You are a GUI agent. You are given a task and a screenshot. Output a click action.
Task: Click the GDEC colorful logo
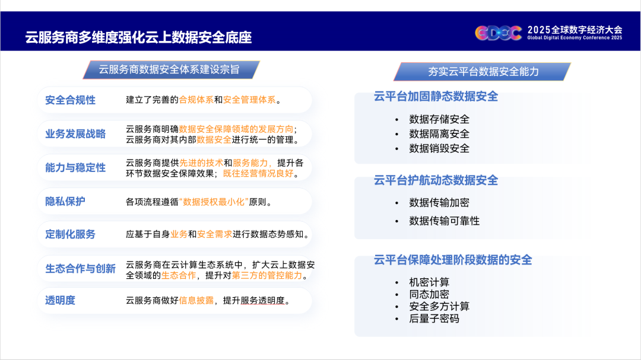tap(499, 33)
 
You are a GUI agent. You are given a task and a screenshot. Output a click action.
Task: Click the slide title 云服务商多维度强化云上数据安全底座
tap(138, 37)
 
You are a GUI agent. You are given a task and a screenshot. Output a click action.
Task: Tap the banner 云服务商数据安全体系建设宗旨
tap(171, 69)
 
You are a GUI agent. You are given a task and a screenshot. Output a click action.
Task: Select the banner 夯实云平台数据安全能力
tap(483, 72)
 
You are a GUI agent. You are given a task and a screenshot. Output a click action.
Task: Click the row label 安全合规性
tap(70, 100)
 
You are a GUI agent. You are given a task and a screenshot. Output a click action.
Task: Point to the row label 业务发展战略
tap(75, 134)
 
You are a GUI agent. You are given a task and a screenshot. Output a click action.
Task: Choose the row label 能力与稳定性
tap(75, 167)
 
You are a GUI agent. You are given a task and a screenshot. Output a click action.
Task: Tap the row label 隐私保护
tap(65, 202)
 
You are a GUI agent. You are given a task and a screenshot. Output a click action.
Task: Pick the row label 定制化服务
tap(70, 234)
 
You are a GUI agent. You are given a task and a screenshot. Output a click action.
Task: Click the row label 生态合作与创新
tap(80, 269)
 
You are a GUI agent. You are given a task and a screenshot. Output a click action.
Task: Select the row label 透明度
tap(60, 300)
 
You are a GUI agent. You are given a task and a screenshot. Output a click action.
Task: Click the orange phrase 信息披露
tap(196, 301)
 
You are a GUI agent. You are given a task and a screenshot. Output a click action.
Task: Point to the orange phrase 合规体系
tap(196, 100)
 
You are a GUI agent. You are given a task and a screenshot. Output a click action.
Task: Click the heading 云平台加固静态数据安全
tap(436, 97)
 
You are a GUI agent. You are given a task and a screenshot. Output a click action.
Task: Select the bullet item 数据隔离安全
tap(439, 134)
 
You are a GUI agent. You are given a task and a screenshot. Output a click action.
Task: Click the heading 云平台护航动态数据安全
tap(436, 180)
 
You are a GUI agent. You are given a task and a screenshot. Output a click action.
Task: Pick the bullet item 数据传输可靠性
tap(444, 221)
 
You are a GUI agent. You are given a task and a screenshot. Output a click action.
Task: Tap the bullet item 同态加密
tap(429, 294)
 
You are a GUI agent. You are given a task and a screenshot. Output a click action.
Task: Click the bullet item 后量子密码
tap(434, 318)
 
